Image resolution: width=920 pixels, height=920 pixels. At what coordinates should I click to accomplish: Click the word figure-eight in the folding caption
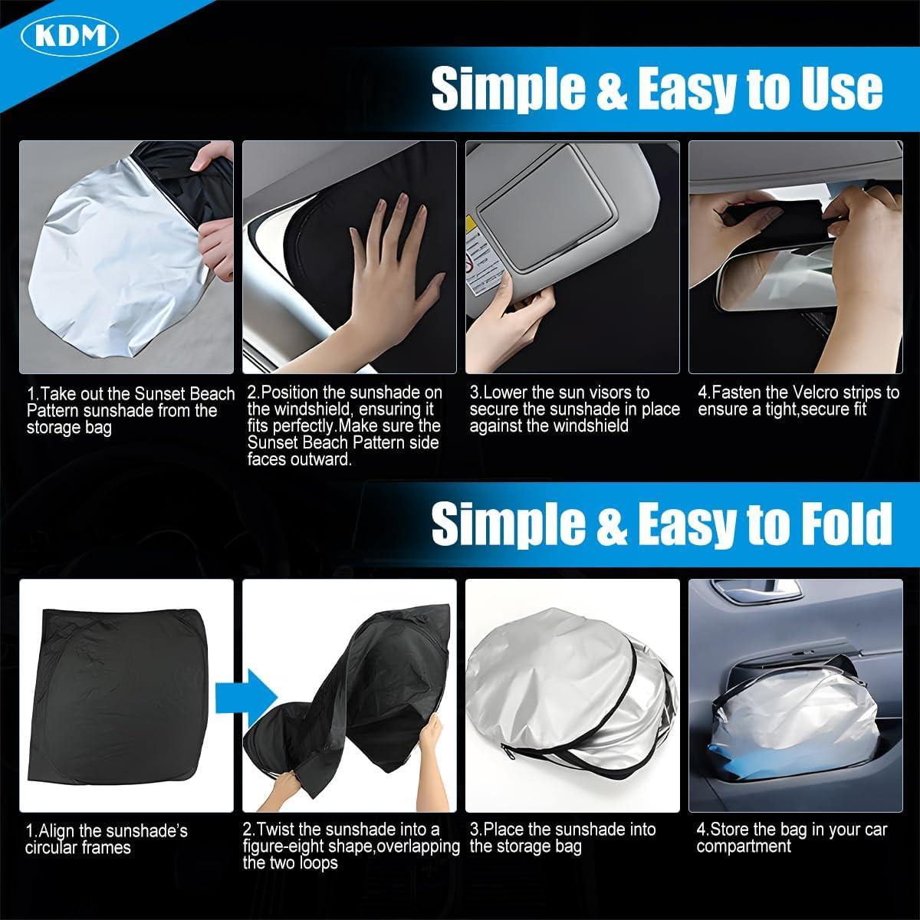[298, 846]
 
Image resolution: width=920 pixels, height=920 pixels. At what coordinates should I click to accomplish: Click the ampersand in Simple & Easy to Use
[612, 89]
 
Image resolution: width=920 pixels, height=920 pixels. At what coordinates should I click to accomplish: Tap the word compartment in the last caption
[744, 846]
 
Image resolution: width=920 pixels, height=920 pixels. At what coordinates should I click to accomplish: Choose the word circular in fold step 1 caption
[53, 848]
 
